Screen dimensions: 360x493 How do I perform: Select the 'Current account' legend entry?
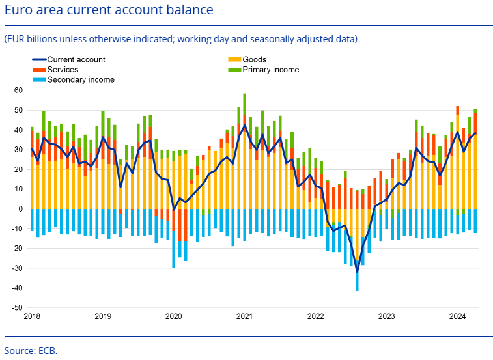(76, 60)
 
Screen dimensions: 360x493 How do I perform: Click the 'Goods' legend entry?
(254, 60)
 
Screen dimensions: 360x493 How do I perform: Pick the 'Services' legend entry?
(63, 70)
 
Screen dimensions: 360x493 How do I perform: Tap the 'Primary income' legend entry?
(270, 70)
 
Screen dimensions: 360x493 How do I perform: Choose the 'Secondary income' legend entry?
(81, 79)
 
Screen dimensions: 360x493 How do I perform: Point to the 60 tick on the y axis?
(18, 90)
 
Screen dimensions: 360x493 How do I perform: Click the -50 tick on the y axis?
(17, 307)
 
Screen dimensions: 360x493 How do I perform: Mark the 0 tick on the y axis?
(20, 209)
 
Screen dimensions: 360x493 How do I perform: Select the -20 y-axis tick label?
(17, 248)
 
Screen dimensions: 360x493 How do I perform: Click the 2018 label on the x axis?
(31, 316)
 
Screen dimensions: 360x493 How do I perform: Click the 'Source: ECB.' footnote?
(31, 350)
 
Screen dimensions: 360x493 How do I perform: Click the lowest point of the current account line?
(357, 272)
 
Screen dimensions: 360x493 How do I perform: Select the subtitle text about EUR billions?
(180, 39)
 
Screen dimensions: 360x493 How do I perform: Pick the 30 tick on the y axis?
(18, 150)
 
